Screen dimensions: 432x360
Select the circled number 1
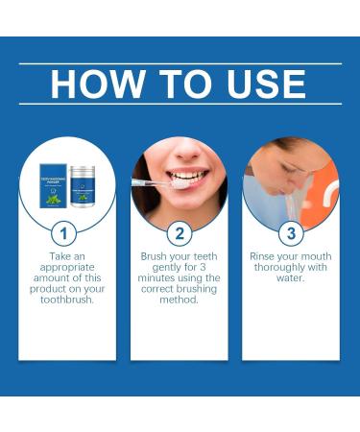(62, 232)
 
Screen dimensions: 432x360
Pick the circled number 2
(179, 232)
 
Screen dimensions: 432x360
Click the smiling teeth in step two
(190, 178)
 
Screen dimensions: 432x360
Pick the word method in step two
(179, 299)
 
